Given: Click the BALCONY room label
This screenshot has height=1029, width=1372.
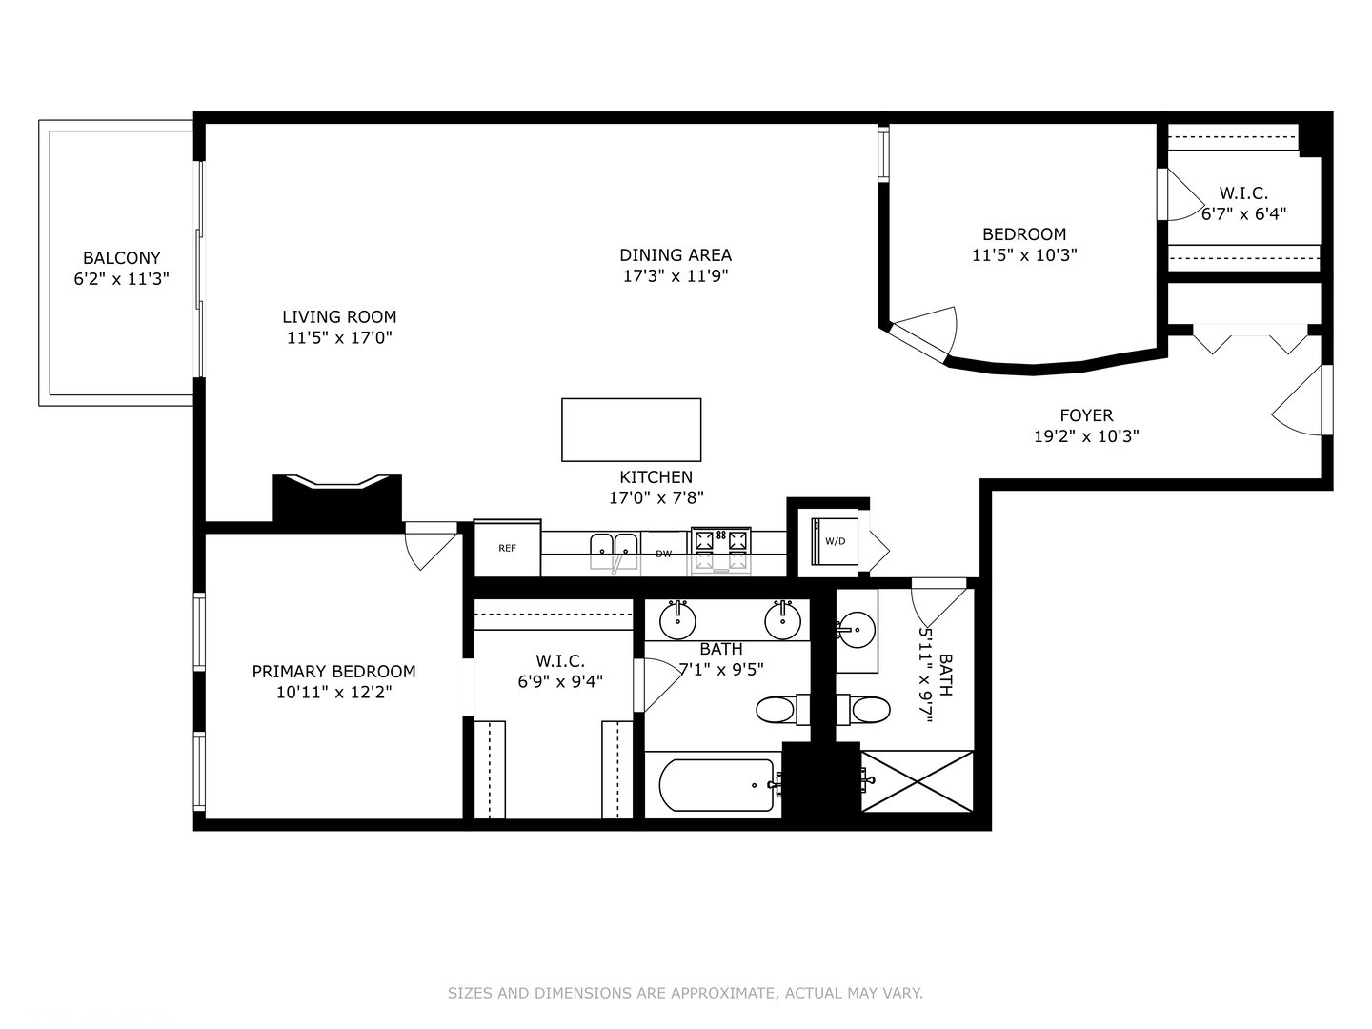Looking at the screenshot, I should [x=121, y=258].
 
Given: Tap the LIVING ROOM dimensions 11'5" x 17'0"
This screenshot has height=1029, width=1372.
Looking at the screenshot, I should [x=339, y=337].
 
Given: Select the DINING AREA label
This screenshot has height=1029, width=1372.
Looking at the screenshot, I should [x=676, y=254].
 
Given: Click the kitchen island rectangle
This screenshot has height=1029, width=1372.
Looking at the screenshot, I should [x=631, y=430].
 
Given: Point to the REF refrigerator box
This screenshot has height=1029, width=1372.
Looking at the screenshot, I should [x=507, y=548].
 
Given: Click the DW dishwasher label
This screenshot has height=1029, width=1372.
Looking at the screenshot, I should [x=663, y=554].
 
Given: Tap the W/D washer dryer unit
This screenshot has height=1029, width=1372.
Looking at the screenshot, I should [x=834, y=541].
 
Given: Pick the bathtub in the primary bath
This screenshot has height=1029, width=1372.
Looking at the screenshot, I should [x=716, y=784].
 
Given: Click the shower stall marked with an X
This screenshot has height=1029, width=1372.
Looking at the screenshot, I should [x=917, y=781].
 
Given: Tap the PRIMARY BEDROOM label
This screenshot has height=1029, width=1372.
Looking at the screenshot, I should [x=333, y=672].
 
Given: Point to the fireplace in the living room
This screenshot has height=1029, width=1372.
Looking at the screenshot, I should [x=337, y=499].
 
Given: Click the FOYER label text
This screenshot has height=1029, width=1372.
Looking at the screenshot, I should [x=1086, y=415].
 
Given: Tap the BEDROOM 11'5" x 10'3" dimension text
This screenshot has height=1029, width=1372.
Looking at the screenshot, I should [x=1024, y=255].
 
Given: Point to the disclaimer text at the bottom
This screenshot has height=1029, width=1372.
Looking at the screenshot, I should [x=685, y=993].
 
